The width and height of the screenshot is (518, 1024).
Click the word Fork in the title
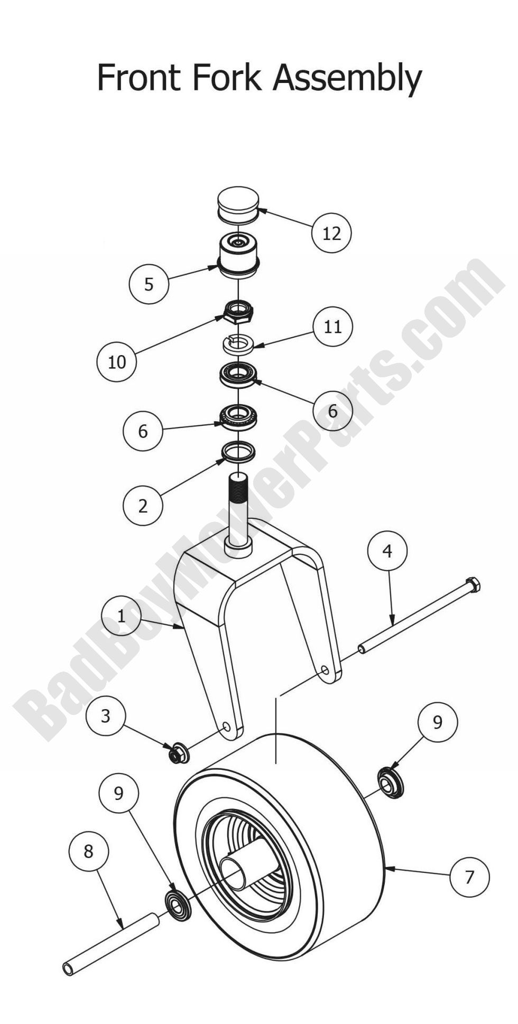[226, 77]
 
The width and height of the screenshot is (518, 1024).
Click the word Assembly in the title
[347, 79]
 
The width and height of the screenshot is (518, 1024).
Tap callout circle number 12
[331, 232]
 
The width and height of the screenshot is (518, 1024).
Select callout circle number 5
[149, 284]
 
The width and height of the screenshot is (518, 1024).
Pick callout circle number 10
[117, 361]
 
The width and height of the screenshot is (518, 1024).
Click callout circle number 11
[332, 327]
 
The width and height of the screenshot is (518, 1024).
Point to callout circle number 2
[143, 506]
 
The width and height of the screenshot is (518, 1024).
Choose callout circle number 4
[387, 551]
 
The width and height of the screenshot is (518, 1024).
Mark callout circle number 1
[121, 616]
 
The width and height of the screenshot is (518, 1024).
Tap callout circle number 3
[106, 716]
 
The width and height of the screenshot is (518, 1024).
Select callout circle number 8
[88, 851]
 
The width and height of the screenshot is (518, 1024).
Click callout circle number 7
[469, 877]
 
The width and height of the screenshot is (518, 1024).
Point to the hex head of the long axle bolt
[473, 585]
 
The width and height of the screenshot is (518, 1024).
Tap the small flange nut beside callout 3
[179, 753]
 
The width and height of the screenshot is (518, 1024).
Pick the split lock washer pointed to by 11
[238, 344]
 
